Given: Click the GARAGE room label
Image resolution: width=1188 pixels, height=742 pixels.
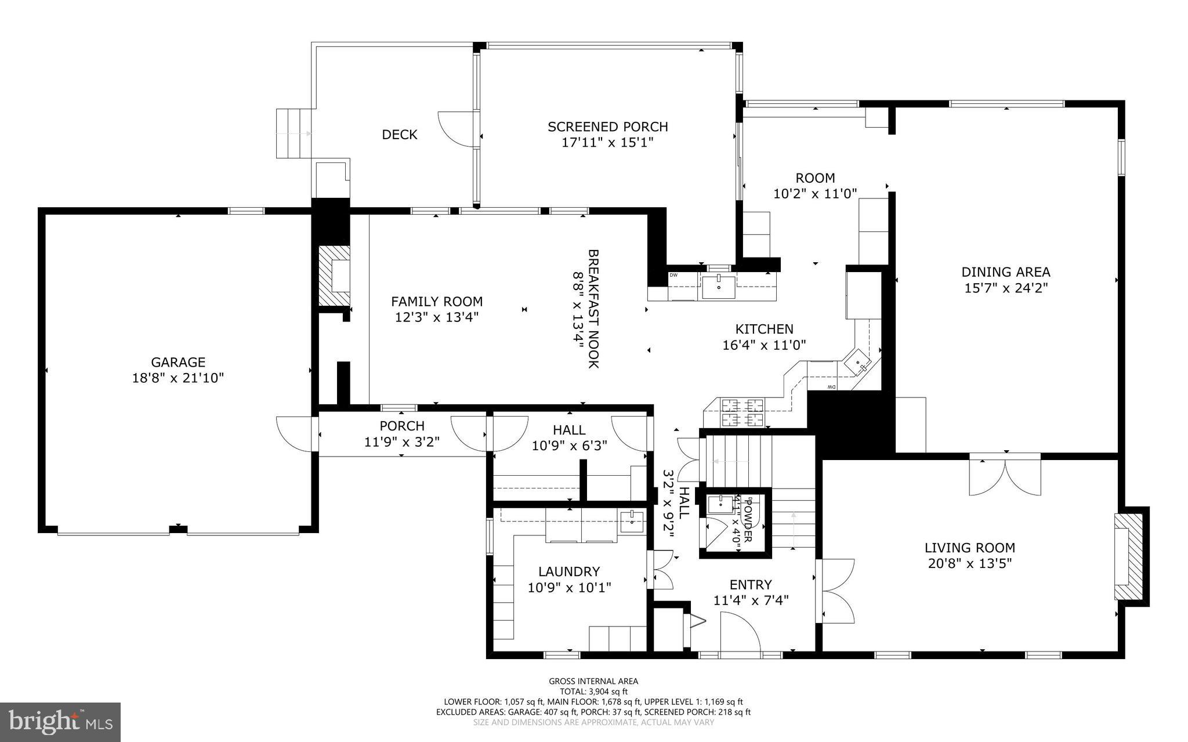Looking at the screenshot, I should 178,362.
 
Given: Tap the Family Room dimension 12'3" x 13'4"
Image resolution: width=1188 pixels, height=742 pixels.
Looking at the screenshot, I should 437,317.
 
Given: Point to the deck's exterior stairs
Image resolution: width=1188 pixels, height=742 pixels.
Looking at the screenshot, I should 294,133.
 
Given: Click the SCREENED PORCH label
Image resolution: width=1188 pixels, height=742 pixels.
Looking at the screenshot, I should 607,126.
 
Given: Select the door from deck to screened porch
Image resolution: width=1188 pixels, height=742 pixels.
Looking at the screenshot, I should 458,130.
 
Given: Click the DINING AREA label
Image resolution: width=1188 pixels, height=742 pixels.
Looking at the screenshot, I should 1005,272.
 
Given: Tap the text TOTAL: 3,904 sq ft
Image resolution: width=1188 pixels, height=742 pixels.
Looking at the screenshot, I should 593,692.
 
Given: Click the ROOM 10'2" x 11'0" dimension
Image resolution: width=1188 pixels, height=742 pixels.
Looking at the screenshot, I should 815,194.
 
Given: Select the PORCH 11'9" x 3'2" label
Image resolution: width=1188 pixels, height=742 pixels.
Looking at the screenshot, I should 402,433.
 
